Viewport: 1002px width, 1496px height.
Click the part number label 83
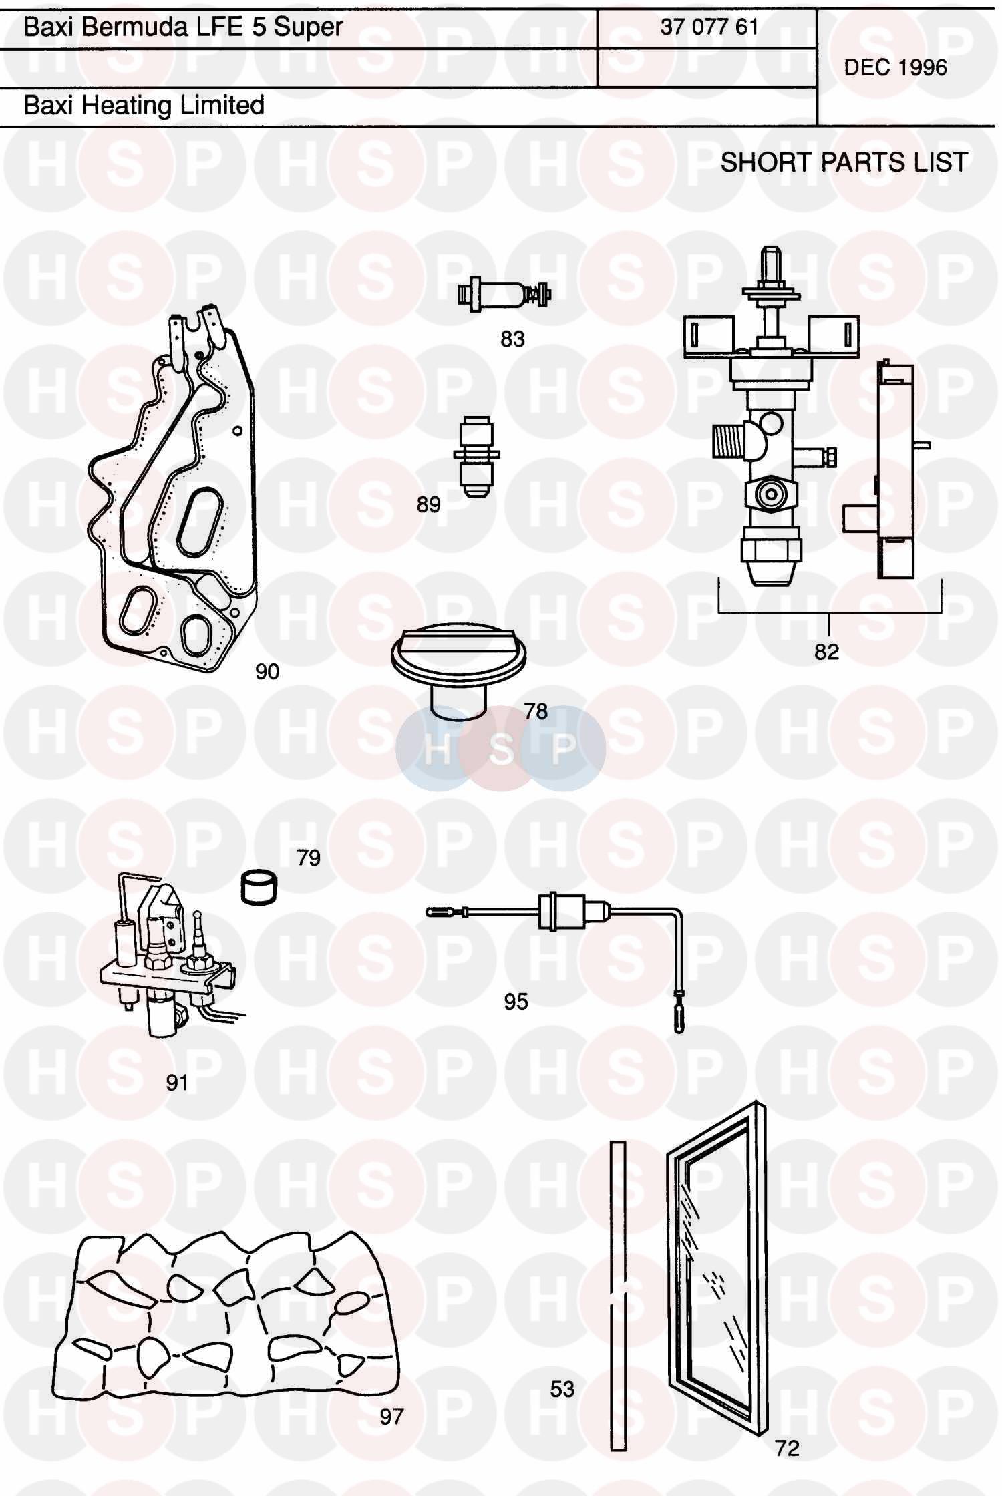point(512,339)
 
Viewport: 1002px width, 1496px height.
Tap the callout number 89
point(428,504)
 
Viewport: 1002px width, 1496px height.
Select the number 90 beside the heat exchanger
point(267,671)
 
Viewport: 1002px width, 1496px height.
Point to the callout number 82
point(826,651)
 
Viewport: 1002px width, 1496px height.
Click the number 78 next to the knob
point(536,711)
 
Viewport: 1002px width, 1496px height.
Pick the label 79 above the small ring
point(309,858)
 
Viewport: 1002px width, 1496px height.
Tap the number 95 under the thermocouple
point(516,1002)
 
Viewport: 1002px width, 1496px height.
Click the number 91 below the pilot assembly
point(177,1083)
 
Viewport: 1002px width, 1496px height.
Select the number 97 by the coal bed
point(391,1417)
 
